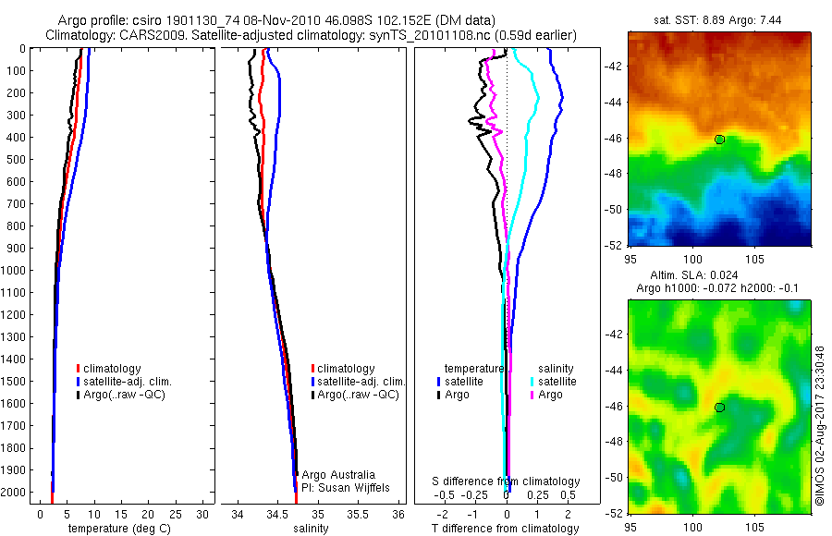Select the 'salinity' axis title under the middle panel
[311, 529]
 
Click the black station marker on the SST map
[719, 140]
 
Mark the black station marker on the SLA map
[719, 408]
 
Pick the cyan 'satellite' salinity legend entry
[554, 382]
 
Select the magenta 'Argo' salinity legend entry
[550, 395]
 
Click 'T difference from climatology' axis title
[506, 529]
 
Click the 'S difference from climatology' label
[506, 481]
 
